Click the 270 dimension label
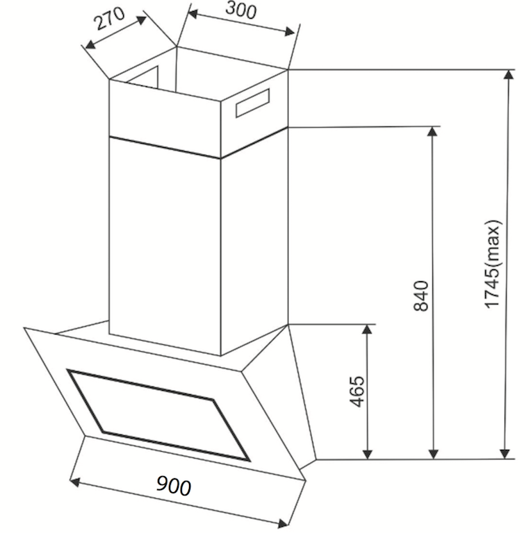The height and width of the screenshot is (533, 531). (x=110, y=18)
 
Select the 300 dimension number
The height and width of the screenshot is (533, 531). (x=240, y=10)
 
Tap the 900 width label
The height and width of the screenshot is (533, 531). (x=174, y=485)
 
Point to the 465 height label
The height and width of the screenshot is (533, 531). (x=357, y=391)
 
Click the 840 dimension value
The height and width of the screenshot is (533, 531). (x=420, y=296)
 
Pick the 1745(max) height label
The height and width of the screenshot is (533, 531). (x=493, y=264)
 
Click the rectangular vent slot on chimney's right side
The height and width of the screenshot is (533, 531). (x=252, y=103)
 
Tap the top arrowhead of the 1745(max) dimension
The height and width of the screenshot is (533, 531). (x=509, y=74)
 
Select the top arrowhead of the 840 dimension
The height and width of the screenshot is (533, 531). (x=432, y=131)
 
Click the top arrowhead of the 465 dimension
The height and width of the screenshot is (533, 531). (x=367, y=330)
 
